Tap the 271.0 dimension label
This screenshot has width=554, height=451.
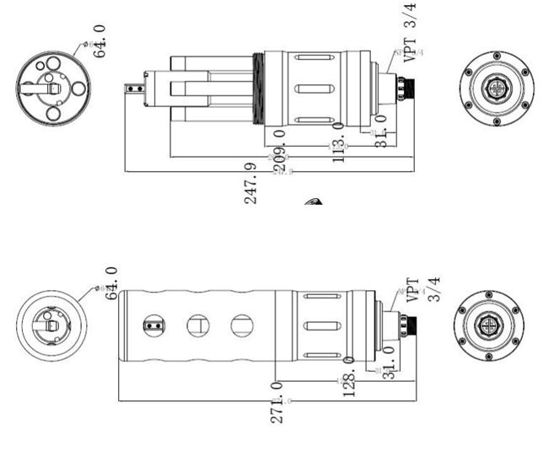pos(277,400)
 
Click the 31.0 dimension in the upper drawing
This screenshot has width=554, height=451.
pos(380,132)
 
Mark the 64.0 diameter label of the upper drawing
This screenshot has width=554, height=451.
pos(100,40)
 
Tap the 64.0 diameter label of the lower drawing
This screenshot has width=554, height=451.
pos(110,284)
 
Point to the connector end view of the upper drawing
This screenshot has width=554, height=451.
pos(497,88)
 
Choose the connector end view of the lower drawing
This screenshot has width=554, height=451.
pos(490,325)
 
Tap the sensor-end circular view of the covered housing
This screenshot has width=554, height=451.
pos(51,325)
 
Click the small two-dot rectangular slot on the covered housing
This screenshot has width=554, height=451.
pos(153,324)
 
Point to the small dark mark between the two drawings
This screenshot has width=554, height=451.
pos(313,202)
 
